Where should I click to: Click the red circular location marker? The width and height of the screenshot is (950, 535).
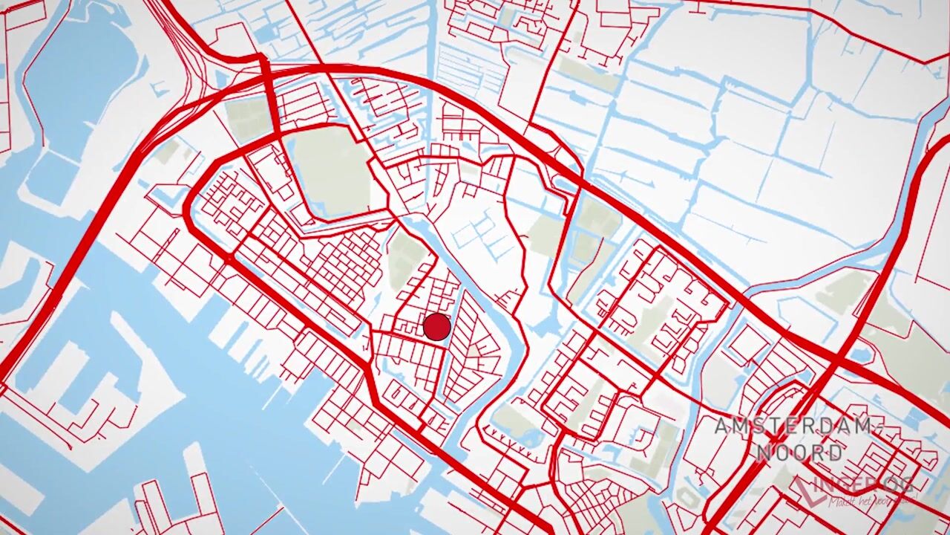(436, 327)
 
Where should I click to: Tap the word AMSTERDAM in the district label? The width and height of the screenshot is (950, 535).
(792, 427)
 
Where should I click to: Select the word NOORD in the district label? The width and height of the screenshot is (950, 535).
(799, 453)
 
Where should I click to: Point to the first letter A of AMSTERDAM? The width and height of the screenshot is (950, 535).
(722, 427)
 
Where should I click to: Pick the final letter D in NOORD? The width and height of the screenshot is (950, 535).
(836, 453)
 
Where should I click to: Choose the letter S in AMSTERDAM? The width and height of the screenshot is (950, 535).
(756, 427)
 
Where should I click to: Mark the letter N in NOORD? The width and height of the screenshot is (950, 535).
(764, 453)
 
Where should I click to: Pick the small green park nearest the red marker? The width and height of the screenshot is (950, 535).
(405, 256)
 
